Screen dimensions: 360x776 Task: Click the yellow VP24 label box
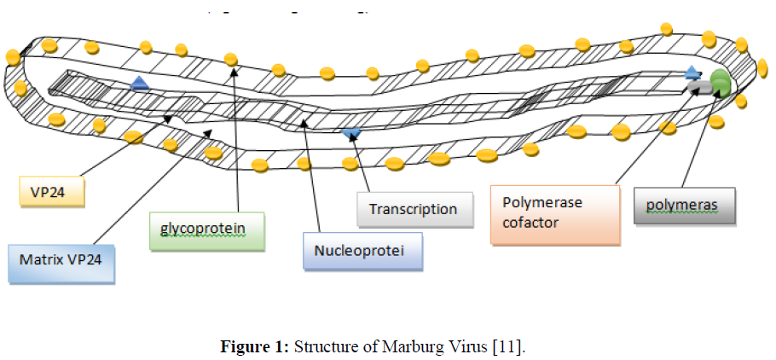pyautogui.click(x=53, y=192)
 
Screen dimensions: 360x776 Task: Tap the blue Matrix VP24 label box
pyautogui.click(x=61, y=263)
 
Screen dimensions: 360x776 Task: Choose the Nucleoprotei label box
pyautogui.click(x=363, y=252)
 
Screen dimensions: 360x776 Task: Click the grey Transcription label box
pyautogui.click(x=414, y=209)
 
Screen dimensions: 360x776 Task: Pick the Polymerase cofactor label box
pyautogui.click(x=554, y=214)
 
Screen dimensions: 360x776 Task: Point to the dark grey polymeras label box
pyautogui.click(x=684, y=205)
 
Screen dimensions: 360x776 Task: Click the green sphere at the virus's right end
pyautogui.click(x=721, y=84)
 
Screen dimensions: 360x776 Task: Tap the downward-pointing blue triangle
pyautogui.click(x=351, y=133)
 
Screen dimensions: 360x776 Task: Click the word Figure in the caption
pyautogui.click(x=243, y=346)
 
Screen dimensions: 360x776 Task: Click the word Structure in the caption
pyautogui.click(x=329, y=346)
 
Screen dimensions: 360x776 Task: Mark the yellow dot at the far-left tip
pyautogui.click(x=13, y=57)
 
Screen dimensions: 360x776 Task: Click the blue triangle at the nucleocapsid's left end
pyautogui.click(x=139, y=83)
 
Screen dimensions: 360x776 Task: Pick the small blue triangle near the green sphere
pyautogui.click(x=692, y=73)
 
